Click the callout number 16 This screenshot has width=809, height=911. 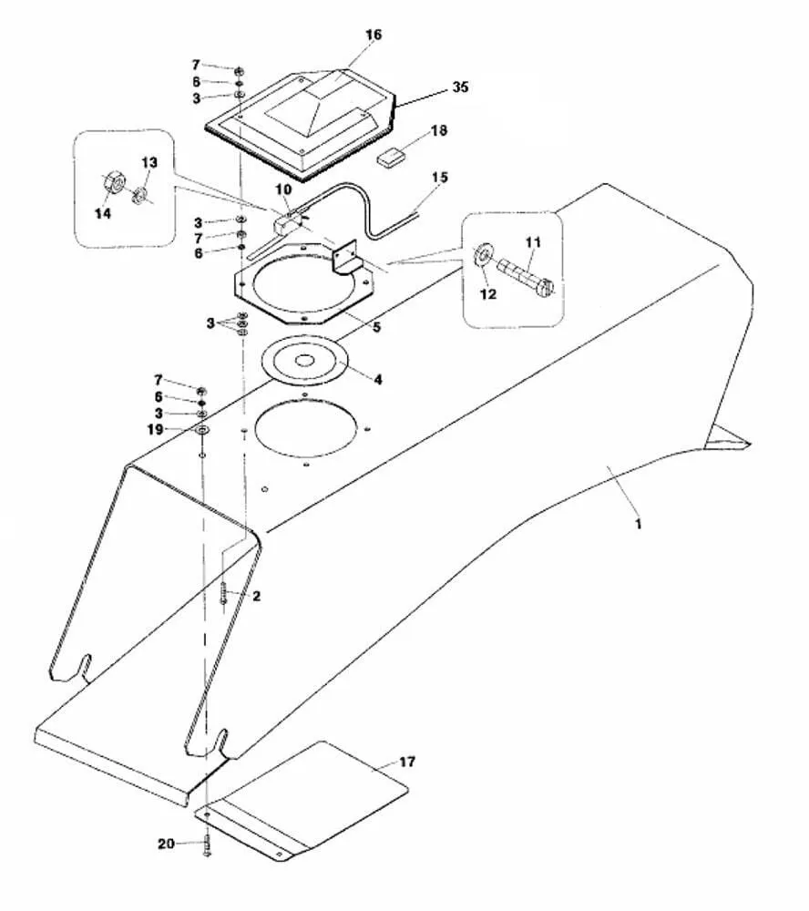(x=374, y=35)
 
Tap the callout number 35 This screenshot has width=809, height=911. (x=460, y=87)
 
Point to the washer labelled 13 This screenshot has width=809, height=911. (x=138, y=197)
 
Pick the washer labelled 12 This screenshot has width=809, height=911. (x=483, y=255)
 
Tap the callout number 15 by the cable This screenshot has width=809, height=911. (x=440, y=178)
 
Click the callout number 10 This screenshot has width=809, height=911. (x=283, y=189)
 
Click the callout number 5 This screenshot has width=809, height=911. (x=376, y=328)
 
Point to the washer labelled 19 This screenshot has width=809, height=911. (x=202, y=431)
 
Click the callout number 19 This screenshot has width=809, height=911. (x=156, y=431)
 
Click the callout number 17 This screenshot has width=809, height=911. (x=407, y=762)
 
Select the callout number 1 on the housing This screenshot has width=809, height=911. (x=639, y=524)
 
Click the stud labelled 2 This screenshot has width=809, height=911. (x=224, y=593)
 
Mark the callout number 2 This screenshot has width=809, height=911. (x=256, y=597)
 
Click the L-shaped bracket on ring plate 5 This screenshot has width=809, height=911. (x=347, y=256)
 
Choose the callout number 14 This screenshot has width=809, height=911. (x=103, y=214)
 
